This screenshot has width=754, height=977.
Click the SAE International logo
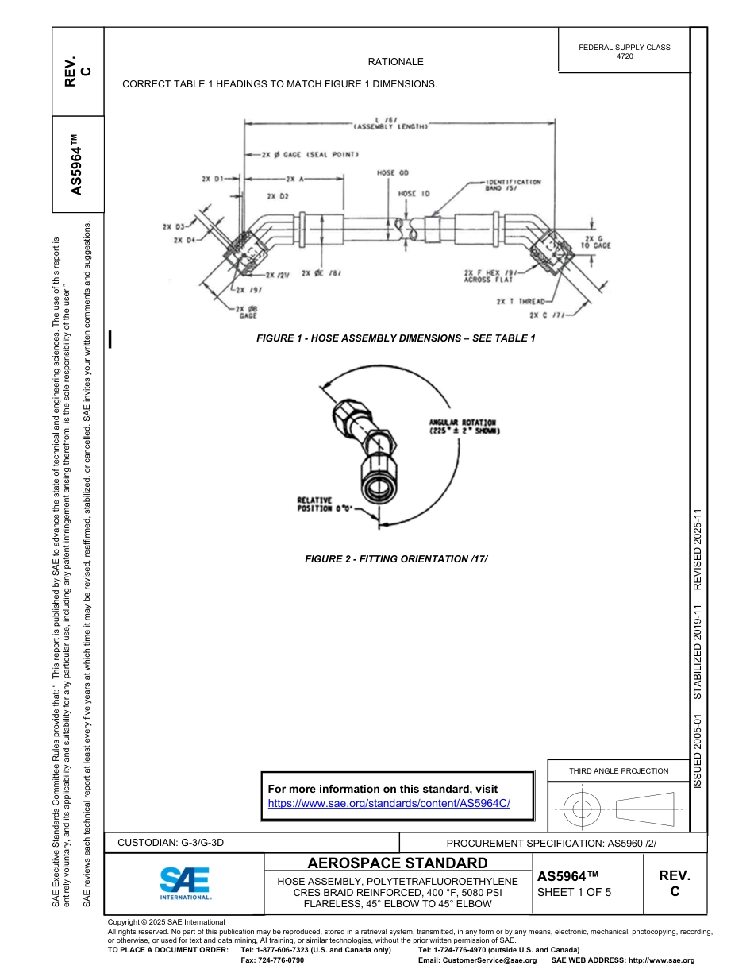184,882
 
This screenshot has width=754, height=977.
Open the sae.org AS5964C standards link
389,803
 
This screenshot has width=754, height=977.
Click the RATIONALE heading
395,62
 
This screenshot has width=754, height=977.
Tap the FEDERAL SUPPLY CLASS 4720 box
624,52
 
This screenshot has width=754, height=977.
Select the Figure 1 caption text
395,338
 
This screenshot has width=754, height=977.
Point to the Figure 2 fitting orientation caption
396,559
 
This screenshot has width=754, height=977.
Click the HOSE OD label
392,172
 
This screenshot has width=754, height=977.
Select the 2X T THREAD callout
520,302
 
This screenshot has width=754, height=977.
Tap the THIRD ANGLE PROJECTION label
618,770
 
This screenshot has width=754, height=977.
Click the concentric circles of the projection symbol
583,809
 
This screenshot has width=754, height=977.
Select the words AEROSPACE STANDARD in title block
397,863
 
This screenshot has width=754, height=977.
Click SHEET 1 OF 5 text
574,892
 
